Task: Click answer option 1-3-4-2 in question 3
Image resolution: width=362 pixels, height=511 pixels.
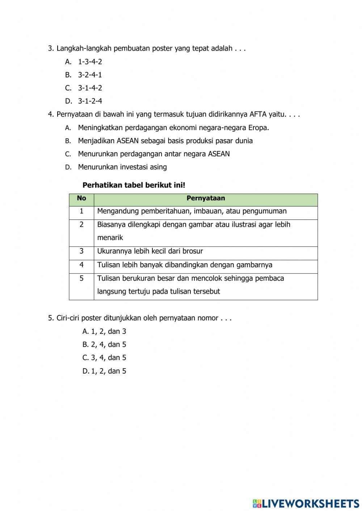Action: (90, 62)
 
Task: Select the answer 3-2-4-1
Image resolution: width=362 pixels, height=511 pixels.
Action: (90, 75)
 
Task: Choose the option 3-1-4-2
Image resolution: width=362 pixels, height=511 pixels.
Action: (90, 88)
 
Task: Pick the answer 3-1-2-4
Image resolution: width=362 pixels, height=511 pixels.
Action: (90, 101)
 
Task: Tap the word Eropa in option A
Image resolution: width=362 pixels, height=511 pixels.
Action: (258, 128)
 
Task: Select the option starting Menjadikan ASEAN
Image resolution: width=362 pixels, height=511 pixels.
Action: (165, 141)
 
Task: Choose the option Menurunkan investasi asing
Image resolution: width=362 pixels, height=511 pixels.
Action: (122, 167)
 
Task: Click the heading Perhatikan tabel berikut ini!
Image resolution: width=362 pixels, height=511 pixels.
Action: (134, 185)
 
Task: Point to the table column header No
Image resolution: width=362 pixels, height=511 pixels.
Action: (81, 198)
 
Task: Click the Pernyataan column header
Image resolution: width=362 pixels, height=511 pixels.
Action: (206, 198)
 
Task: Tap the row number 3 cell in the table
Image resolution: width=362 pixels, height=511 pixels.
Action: (81, 251)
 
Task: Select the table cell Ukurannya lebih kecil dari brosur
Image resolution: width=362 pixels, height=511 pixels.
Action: (150, 251)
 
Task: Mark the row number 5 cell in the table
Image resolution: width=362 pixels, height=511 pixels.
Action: (81, 278)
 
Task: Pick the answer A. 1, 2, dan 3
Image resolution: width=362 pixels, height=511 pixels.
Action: (104, 331)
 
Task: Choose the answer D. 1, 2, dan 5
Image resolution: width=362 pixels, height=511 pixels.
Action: (104, 371)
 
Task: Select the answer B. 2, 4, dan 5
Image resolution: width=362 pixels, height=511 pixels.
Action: (104, 345)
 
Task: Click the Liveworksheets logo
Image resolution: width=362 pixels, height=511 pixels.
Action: (306, 503)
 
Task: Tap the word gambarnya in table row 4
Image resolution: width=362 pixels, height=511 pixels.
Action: (254, 265)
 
